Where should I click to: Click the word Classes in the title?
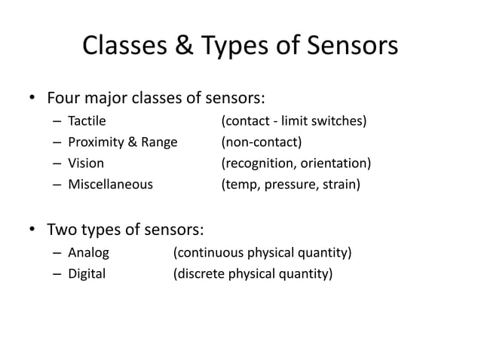tap(128, 47)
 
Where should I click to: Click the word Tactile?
tap(87, 120)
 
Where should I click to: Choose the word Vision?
tap(86, 163)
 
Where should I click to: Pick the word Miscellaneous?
tap(110, 184)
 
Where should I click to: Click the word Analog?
tap(89, 252)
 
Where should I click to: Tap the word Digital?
tap(87, 273)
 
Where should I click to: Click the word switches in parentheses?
tap(342, 120)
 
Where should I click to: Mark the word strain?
tap(342, 184)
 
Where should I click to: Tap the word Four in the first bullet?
tap(64, 99)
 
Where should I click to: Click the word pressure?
tap(293, 185)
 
